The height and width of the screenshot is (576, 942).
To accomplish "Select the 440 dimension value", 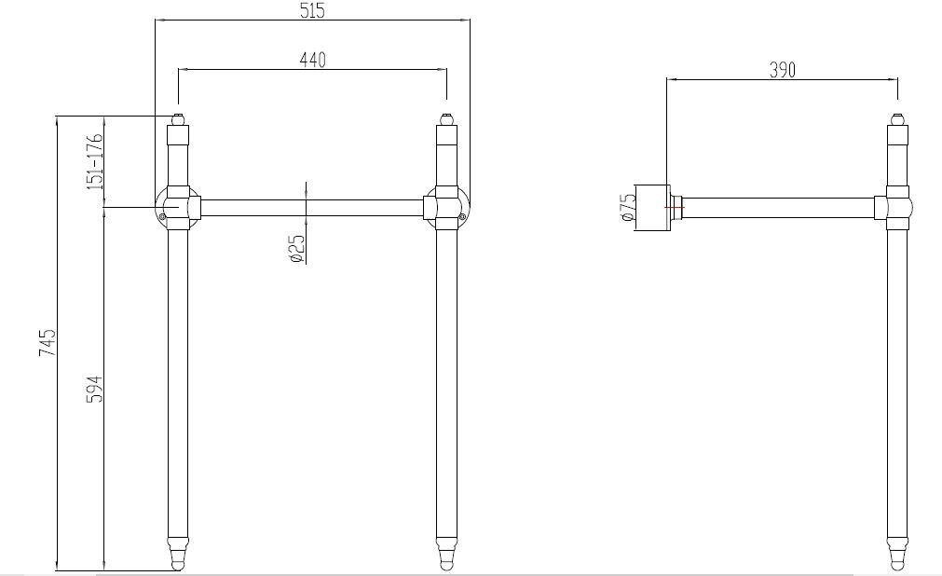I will pyautogui.click(x=312, y=60).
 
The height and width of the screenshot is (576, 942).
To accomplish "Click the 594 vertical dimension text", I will pyautogui.click(x=94, y=390).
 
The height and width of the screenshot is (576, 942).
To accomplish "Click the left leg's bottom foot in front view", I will pyautogui.click(x=177, y=554).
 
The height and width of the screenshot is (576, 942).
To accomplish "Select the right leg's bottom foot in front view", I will pyautogui.click(x=446, y=554).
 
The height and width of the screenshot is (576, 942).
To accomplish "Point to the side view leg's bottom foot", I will pyautogui.click(x=896, y=554).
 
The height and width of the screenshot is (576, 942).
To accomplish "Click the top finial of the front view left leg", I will pyautogui.click(x=177, y=119).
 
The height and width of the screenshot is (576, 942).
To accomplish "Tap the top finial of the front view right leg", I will pyautogui.click(x=446, y=119).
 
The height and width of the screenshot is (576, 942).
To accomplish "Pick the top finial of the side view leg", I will pyautogui.click(x=896, y=119).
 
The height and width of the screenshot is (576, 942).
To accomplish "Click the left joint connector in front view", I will pyautogui.click(x=176, y=207).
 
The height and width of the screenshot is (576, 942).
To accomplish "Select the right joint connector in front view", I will pyautogui.click(x=447, y=207).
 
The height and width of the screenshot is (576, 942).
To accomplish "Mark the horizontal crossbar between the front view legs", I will pyautogui.click(x=312, y=207).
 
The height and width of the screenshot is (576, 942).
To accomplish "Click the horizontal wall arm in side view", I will pyautogui.click(x=783, y=207).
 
